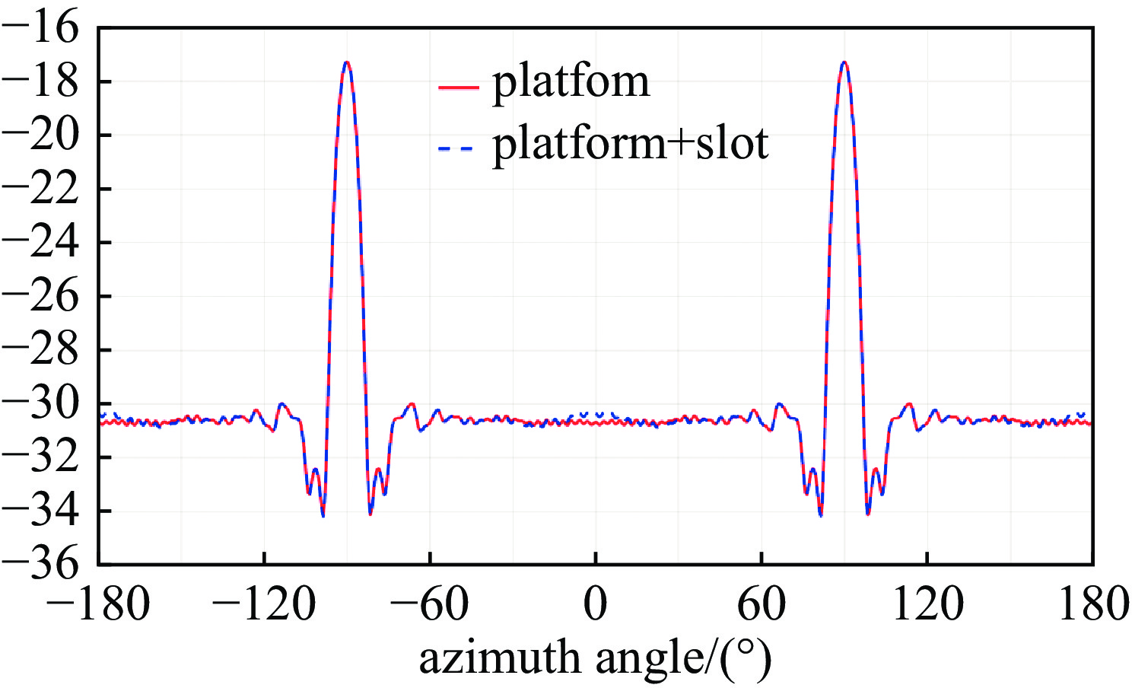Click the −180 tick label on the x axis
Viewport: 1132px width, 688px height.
click(x=99, y=605)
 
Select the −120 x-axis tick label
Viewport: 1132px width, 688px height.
click(x=264, y=605)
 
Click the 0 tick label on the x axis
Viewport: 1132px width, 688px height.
click(x=596, y=605)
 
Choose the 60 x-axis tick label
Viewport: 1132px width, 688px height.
click(x=762, y=605)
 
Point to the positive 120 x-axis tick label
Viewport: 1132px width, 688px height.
click(x=927, y=605)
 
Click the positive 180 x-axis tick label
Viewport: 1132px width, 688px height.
click(x=1092, y=605)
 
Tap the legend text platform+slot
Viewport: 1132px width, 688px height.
click(x=631, y=143)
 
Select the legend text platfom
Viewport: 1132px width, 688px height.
click(x=571, y=81)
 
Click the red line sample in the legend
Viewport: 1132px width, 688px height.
click(x=458, y=88)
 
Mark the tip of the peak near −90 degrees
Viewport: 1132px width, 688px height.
click(x=347, y=62)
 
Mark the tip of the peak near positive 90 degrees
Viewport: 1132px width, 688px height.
click(x=844, y=62)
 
